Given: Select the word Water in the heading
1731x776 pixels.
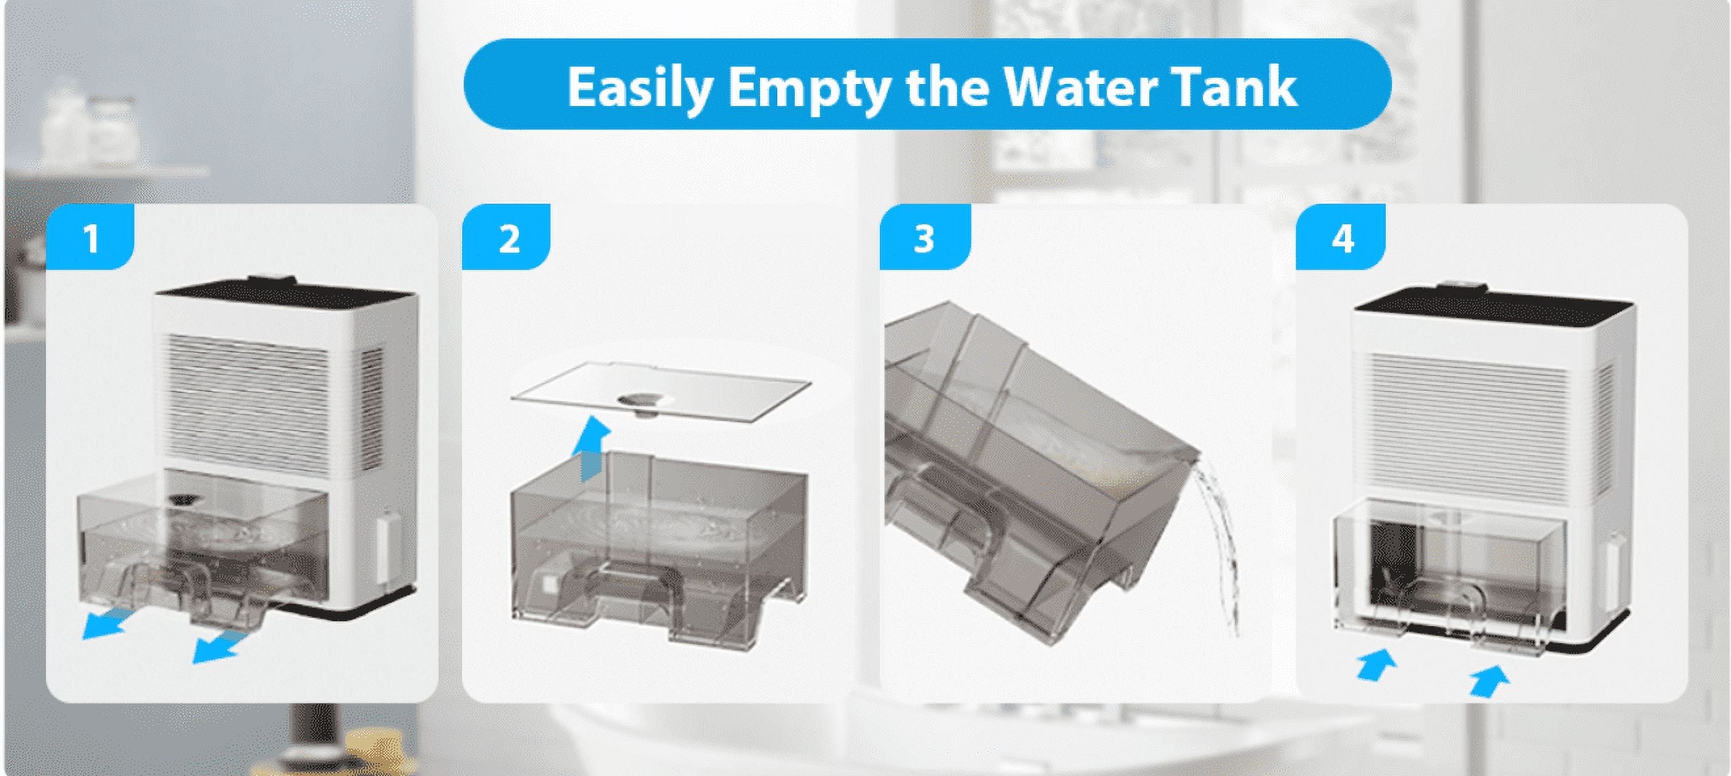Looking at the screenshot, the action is (x=1075, y=87).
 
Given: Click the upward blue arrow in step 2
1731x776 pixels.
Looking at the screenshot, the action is (x=589, y=448).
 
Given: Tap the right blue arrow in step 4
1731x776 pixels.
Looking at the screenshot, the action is (x=1489, y=680).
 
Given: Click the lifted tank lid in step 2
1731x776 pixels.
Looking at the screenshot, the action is (x=661, y=391).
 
